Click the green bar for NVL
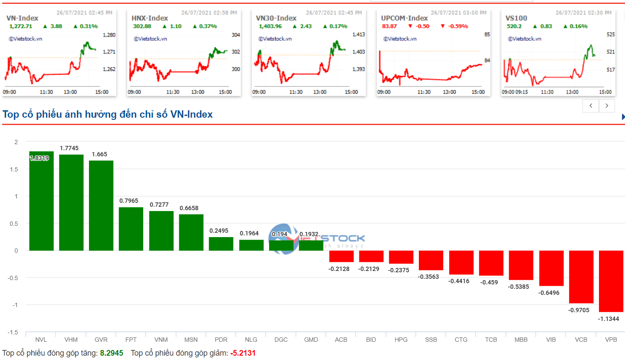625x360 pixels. (x=41, y=201)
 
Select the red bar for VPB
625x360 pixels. (x=611, y=281)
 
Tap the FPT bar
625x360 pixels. (x=131, y=229)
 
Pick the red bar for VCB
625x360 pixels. (x=581, y=277)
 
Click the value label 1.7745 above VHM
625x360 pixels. (x=69, y=148)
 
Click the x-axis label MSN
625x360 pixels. (x=191, y=340)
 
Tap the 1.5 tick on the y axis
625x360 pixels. (x=16, y=169)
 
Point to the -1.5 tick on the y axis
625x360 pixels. (x=14, y=332)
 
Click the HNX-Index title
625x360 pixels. (x=149, y=18)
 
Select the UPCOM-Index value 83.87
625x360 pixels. (x=389, y=26)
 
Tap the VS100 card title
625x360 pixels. (x=516, y=18)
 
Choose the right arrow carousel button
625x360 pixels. (x=607, y=106)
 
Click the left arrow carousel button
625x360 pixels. (x=591, y=106)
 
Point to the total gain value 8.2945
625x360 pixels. (x=112, y=353)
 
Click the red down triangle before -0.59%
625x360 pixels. (x=443, y=26)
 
